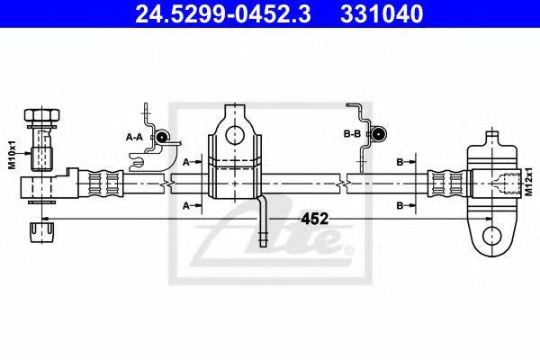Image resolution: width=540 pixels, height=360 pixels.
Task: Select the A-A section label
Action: tap(135, 137)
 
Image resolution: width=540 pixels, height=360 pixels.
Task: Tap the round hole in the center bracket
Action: tap(236, 135)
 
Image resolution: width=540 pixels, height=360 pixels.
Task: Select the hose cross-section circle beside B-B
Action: tap(379, 135)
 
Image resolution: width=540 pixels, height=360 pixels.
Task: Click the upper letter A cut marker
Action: tap(185, 163)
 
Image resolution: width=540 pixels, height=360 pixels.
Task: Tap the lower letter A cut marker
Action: tap(185, 206)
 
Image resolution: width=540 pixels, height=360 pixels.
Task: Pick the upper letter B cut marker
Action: tap(400, 163)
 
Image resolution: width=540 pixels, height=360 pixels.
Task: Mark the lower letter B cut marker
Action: tap(400, 206)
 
